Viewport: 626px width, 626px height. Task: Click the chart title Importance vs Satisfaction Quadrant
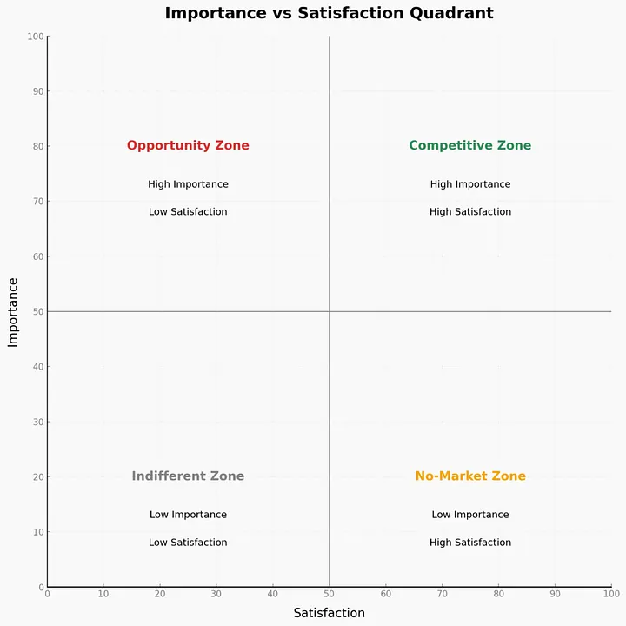point(329,13)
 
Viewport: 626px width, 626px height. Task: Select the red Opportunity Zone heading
point(188,146)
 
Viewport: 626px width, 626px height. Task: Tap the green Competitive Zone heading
point(469,146)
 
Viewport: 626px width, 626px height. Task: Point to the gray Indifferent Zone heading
point(188,476)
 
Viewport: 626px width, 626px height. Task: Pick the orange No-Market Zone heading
point(469,476)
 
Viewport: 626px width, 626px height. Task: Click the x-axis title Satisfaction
point(329,613)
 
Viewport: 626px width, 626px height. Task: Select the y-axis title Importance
point(13,311)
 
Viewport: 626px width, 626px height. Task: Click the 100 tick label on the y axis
point(35,37)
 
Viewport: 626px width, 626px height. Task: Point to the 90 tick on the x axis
point(555,594)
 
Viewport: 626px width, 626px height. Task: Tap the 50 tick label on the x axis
point(329,594)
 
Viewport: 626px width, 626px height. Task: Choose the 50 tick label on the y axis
point(37,311)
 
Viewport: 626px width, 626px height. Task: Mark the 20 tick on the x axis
point(160,594)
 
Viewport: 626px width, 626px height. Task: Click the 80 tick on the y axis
point(37,146)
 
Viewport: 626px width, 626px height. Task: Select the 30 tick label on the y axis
point(37,422)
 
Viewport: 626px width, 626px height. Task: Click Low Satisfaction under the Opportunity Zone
point(188,212)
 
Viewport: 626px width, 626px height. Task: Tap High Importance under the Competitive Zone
point(469,184)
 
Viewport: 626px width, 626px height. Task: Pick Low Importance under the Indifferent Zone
point(188,515)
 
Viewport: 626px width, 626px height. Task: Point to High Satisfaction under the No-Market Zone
point(469,543)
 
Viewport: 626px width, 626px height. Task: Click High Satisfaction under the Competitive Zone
point(469,212)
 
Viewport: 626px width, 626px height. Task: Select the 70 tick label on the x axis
point(442,594)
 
